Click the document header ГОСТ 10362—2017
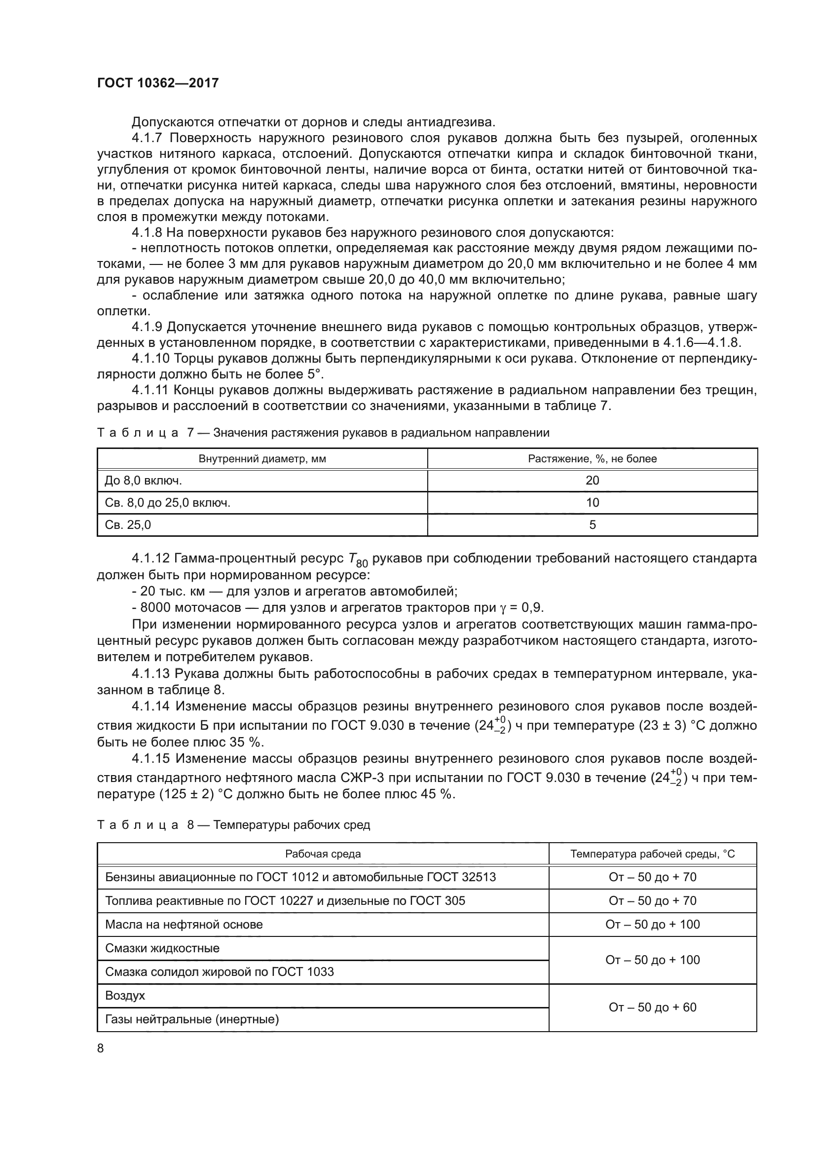(158, 83)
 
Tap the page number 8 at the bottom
(101, 1048)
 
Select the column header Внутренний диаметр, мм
(262, 459)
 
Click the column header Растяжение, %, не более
(592, 459)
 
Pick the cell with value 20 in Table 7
(592, 481)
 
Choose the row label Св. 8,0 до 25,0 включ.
(167, 503)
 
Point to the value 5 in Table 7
(592, 525)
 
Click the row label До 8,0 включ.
(143, 481)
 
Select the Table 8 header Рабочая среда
(323, 854)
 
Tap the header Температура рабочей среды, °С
(652, 854)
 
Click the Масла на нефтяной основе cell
(184, 924)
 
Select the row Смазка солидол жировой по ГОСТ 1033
(219, 971)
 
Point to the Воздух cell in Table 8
(125, 996)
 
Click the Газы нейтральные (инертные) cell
(192, 1019)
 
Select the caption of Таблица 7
(323, 433)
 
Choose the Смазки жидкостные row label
(162, 948)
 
